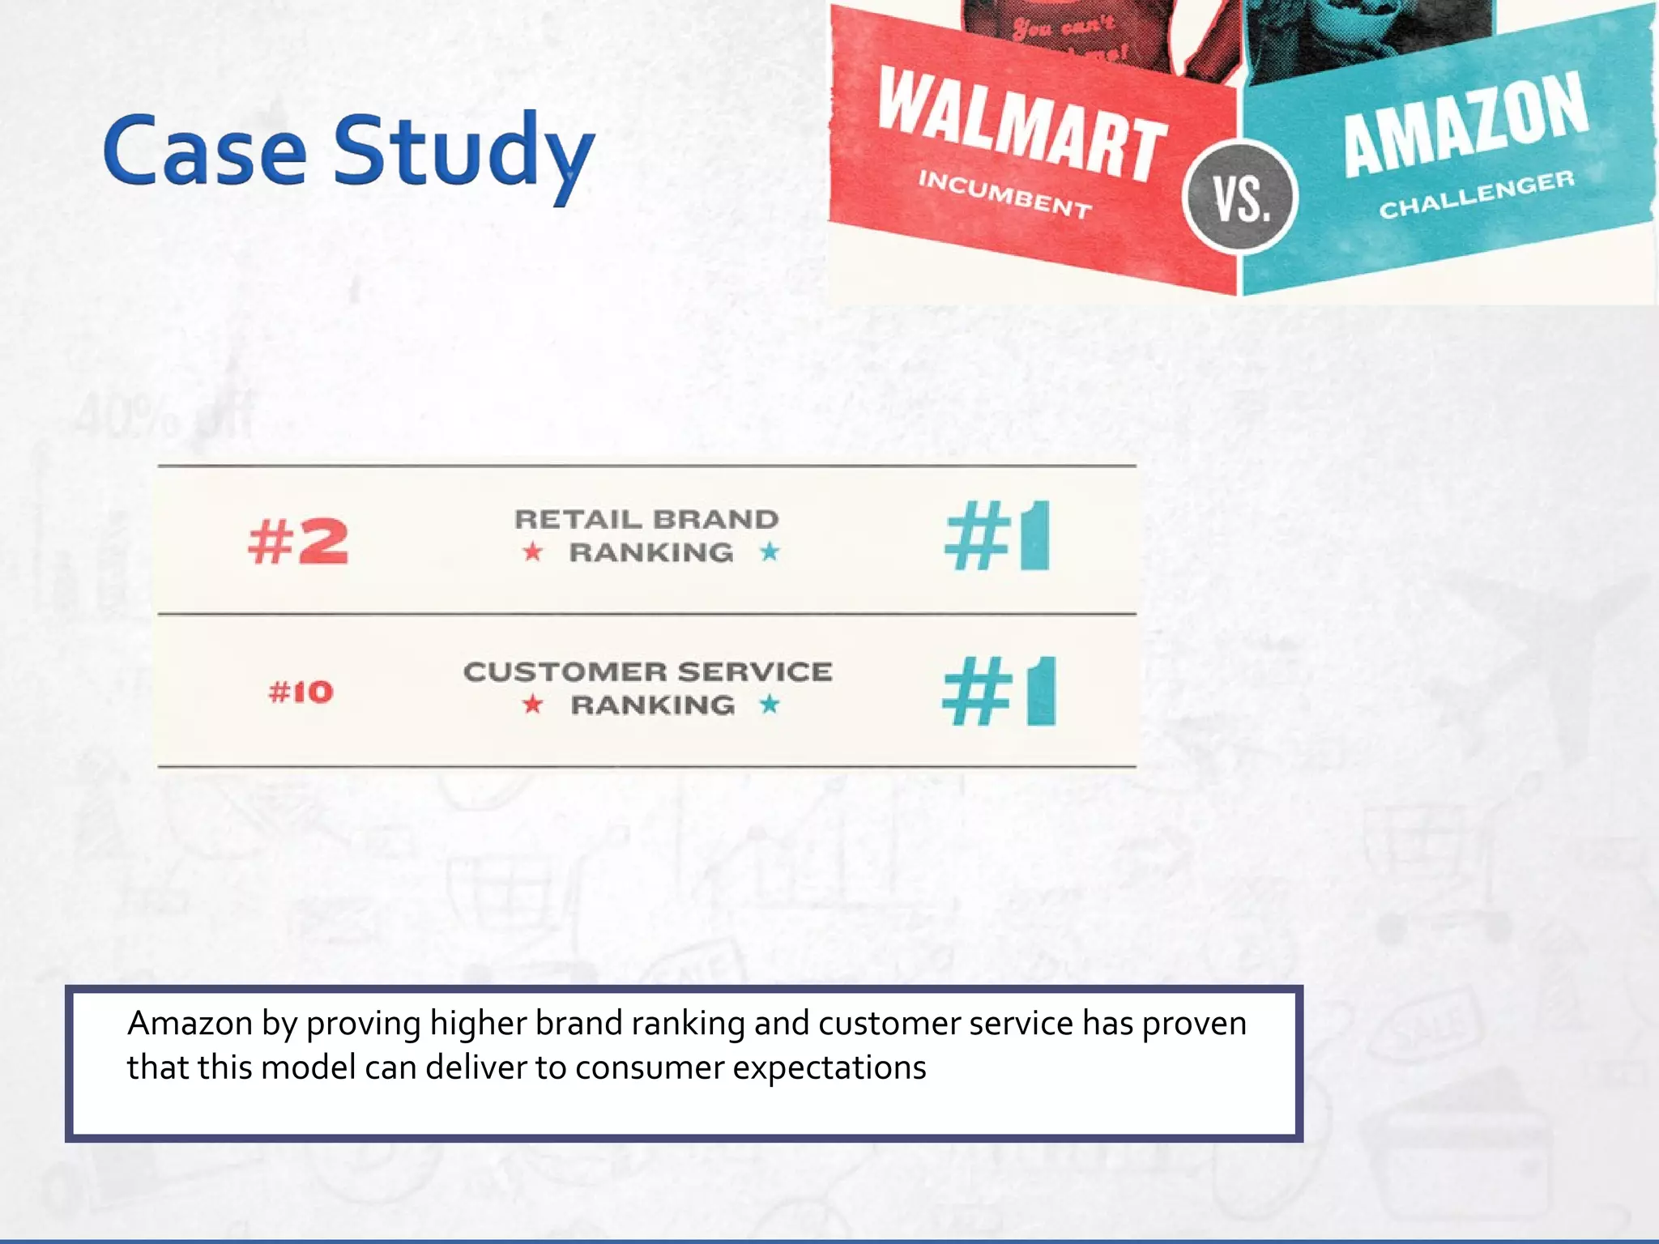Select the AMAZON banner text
[1465, 124]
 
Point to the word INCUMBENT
[1004, 195]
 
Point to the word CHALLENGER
[1477, 194]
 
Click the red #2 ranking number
[298, 541]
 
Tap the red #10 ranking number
[301, 692]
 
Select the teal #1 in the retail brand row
[997, 536]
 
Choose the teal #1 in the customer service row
[999, 692]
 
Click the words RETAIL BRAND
[646, 519]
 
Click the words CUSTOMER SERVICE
[647, 671]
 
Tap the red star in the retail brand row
[532, 552]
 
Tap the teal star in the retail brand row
[770, 552]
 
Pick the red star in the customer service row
[532, 705]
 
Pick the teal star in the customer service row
[770, 705]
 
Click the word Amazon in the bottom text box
[190, 1024]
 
